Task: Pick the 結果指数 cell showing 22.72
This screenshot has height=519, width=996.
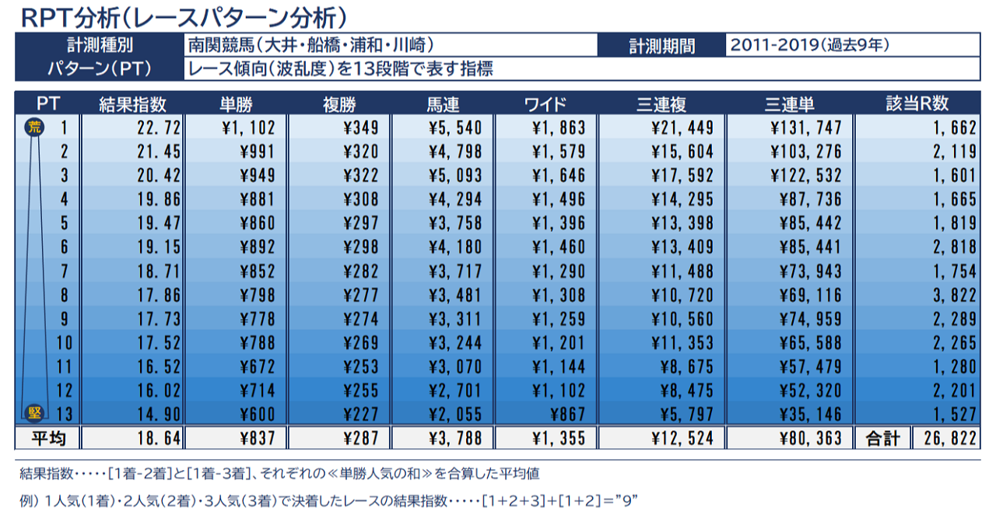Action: click(149, 127)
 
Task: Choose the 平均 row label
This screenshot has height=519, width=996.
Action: click(47, 438)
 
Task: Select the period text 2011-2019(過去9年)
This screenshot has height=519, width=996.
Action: click(809, 45)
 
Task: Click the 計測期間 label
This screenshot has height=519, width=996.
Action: click(661, 45)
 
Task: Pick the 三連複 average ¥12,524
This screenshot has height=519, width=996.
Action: click(681, 438)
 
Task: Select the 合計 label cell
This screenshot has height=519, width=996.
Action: click(882, 438)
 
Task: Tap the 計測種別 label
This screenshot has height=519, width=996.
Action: click(100, 45)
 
